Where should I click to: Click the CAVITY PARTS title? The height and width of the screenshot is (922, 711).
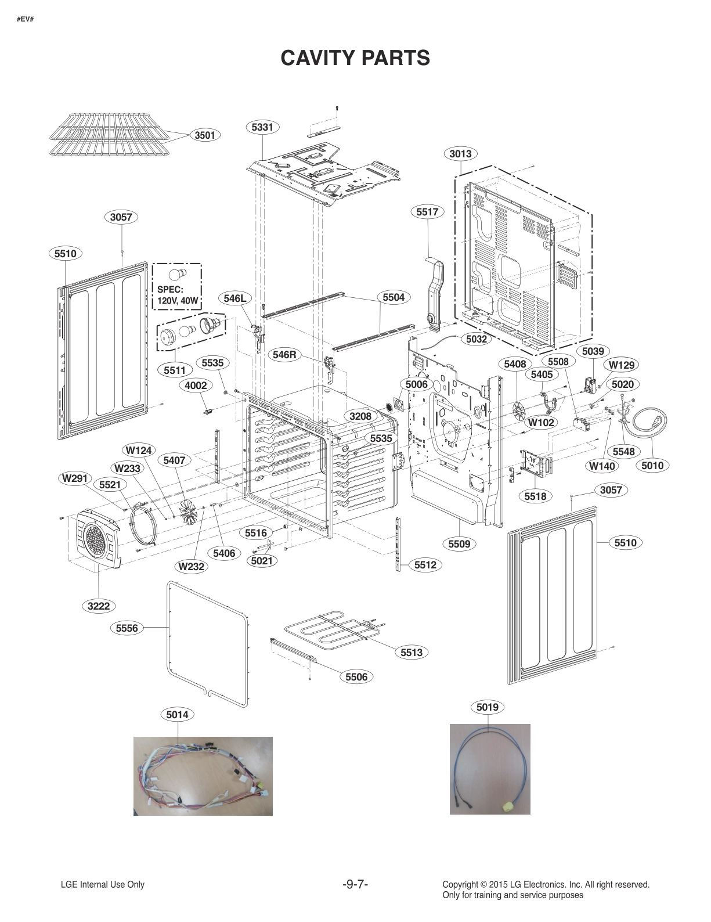click(x=355, y=58)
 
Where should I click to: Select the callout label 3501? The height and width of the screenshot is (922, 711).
click(x=204, y=135)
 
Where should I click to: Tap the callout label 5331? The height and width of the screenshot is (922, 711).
click(x=262, y=127)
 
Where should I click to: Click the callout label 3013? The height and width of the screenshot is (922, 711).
click(x=460, y=154)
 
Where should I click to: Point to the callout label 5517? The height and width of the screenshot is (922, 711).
click(x=427, y=212)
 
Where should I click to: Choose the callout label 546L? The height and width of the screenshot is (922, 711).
click(x=235, y=298)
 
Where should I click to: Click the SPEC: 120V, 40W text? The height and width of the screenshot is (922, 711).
click(x=178, y=296)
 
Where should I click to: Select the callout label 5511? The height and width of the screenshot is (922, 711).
click(x=174, y=370)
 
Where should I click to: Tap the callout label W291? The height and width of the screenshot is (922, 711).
click(x=75, y=478)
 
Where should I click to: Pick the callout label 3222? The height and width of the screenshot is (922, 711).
click(x=99, y=606)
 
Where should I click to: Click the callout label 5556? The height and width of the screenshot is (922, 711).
click(x=127, y=628)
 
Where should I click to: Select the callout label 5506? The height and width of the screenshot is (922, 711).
click(x=356, y=676)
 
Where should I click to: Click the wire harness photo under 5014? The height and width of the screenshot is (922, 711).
click(x=203, y=776)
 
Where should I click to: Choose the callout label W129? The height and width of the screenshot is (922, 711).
click(x=622, y=365)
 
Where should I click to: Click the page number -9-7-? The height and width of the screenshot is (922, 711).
click(x=355, y=884)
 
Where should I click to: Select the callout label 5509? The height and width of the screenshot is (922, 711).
click(x=459, y=543)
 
